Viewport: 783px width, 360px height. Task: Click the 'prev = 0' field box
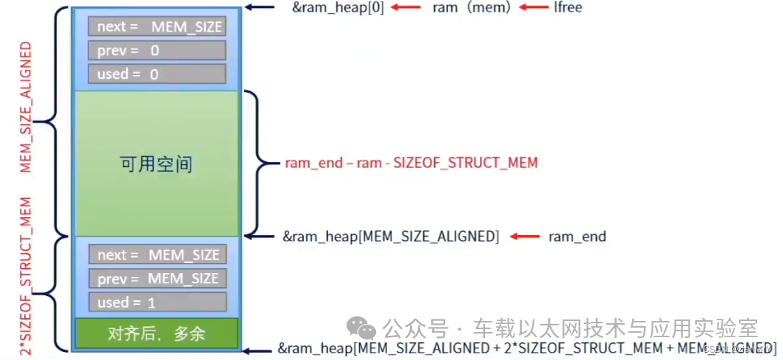[x=157, y=51]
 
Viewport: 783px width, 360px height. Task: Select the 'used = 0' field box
[x=157, y=74]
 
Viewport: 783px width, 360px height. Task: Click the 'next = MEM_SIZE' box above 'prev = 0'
[x=157, y=27]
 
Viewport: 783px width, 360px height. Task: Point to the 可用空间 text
[x=156, y=163]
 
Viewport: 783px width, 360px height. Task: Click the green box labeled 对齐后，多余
[x=157, y=333]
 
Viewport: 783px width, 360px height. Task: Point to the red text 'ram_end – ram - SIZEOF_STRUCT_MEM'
[x=411, y=163]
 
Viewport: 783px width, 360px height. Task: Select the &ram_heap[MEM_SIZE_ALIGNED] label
[x=391, y=236]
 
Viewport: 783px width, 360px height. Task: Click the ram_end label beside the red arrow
[x=577, y=236]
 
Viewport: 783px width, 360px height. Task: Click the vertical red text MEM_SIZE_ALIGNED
[x=26, y=107]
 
